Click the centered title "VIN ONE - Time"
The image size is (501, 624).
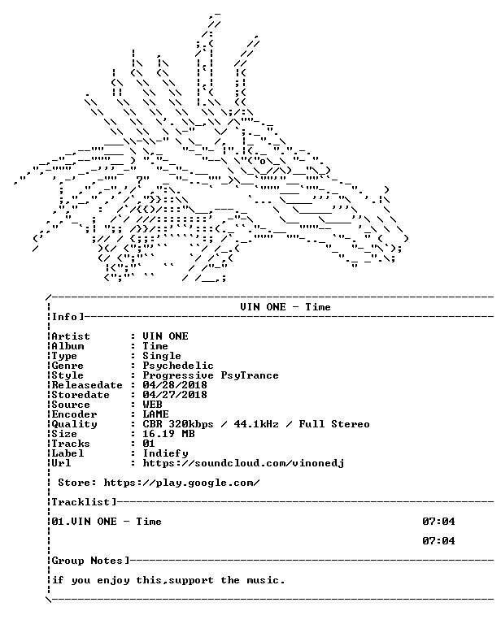pos(285,307)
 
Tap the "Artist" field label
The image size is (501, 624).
pos(71,336)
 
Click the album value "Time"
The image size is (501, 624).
pos(155,346)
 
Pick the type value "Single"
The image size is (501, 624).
pos(162,356)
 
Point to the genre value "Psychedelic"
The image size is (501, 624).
pos(178,366)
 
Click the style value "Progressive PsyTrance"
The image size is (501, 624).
pos(211,375)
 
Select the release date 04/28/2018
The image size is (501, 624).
pos(175,385)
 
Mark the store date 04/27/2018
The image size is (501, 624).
pos(175,395)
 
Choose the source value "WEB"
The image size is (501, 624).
pos(152,405)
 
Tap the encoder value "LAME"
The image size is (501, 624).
pos(155,414)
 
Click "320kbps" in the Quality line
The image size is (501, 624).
pos(191,424)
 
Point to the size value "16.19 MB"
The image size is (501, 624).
pos(168,434)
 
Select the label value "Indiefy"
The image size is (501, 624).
pos(165,453)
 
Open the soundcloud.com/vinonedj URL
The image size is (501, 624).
pos(243,463)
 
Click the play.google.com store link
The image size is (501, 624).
pos(181,483)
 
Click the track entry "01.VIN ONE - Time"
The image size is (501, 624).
pos(107,522)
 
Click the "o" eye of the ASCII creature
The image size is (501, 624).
pos(263,162)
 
